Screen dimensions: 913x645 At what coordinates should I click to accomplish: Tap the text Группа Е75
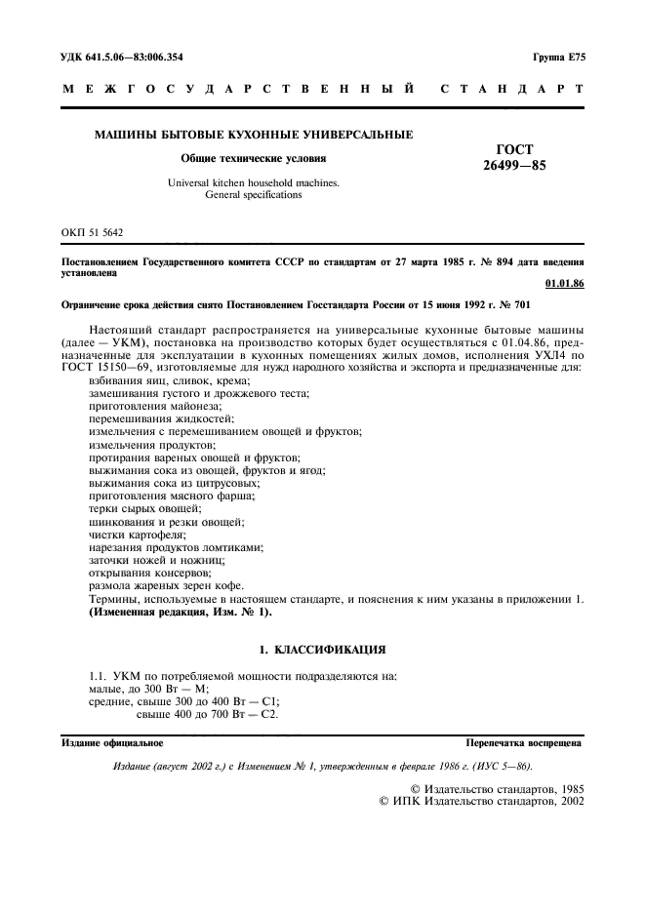click(558, 58)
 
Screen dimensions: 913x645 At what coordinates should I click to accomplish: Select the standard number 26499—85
click(514, 166)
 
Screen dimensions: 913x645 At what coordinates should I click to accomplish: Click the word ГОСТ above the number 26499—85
click(514, 149)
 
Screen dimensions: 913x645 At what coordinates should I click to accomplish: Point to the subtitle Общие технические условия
click(253, 158)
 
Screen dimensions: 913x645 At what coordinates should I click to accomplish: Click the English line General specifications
click(253, 195)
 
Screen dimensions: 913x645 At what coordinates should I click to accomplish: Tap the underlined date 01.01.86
click(564, 283)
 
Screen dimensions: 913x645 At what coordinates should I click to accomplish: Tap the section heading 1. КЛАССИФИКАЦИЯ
click(322, 649)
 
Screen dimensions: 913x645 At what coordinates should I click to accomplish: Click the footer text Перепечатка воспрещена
click(524, 742)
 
